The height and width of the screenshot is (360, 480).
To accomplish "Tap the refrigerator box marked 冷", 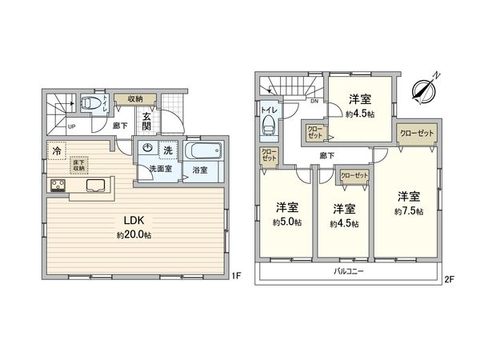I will (56, 150).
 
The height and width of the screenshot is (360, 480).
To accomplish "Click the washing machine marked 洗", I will (168, 149).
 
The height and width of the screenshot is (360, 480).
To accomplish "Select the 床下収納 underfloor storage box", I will (81, 164).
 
